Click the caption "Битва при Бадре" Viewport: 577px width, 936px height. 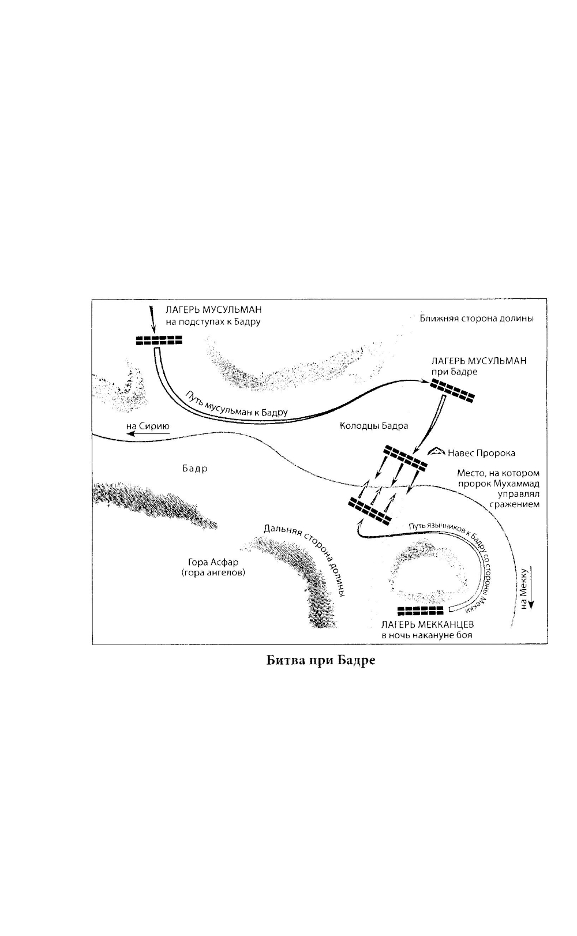click(321, 660)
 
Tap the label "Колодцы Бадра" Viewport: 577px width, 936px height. click(373, 426)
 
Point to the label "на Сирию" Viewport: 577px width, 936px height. click(148, 427)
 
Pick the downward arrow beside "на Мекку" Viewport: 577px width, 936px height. click(532, 589)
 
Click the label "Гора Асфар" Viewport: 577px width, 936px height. click(213, 562)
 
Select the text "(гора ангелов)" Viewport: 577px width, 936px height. click(213, 573)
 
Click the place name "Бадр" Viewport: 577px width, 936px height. click(194, 469)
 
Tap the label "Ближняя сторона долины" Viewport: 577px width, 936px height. click(476, 319)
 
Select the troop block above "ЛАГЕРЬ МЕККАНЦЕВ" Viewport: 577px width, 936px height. click(421, 611)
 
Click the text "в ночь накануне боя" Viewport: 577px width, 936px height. click(426, 635)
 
